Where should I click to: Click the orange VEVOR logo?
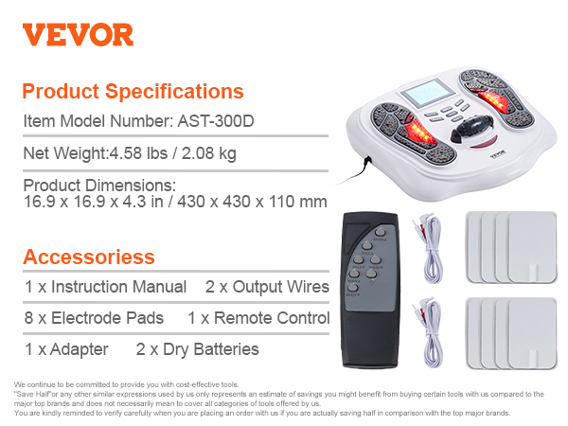point(78,35)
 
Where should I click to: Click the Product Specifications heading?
point(133,91)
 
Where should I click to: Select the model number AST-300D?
point(216,121)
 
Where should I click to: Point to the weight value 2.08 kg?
point(209,153)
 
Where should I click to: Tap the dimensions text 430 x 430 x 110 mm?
point(252,202)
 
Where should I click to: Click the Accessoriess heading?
point(89,257)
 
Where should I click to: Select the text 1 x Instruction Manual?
point(105,287)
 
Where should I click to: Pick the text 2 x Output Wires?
point(267,287)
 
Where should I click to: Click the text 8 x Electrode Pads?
point(94,318)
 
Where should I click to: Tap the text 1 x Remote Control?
point(258,318)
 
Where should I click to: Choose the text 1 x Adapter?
point(66,349)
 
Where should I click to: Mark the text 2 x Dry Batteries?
point(198,349)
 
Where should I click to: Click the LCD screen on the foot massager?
point(428,93)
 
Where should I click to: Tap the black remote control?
point(370,291)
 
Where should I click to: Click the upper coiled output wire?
point(429,248)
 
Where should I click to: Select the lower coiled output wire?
point(429,332)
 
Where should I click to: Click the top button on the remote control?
point(380,232)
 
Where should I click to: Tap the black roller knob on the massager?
point(471,128)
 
